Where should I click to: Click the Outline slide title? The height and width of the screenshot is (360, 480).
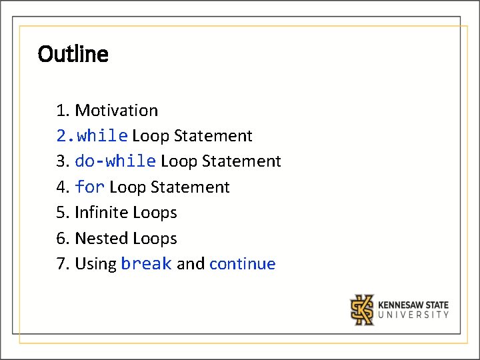73,54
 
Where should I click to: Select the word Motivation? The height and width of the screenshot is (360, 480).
116,111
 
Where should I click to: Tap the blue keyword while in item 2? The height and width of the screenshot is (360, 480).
102,136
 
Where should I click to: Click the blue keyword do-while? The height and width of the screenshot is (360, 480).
115,161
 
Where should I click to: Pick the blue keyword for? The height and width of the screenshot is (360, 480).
89,187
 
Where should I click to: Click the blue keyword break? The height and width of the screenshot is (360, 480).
146,264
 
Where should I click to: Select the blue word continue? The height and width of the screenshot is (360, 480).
242,264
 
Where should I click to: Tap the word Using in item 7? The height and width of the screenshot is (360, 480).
95,264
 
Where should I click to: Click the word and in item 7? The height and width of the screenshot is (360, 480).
191,264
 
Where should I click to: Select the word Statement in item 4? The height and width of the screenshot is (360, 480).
190,187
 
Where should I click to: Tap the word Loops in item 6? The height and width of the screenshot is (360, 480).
155,238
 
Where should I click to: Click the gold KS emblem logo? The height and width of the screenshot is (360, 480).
363,309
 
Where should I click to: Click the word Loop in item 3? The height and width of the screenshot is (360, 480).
179,161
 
